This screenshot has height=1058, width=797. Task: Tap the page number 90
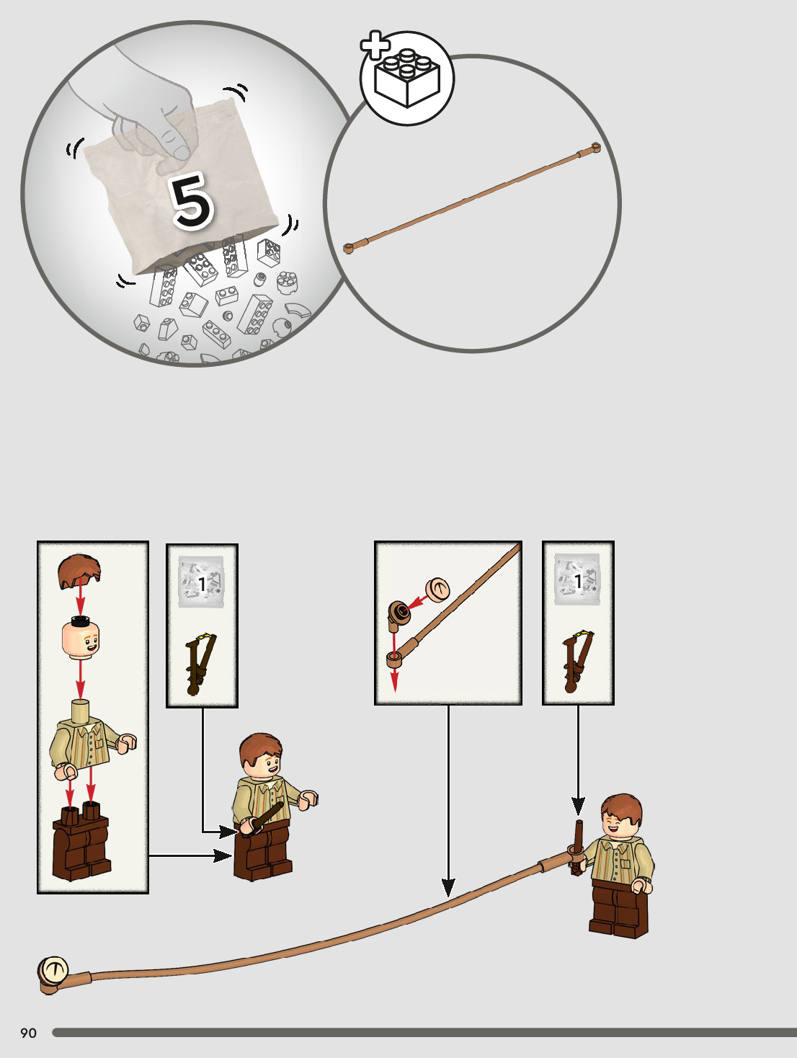(x=28, y=1033)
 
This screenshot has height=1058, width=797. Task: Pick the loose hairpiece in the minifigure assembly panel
(x=79, y=572)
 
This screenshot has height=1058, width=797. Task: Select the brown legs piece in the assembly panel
(x=81, y=840)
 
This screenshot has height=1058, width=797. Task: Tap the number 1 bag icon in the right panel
(x=577, y=579)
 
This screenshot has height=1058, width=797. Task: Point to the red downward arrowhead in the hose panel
(x=395, y=682)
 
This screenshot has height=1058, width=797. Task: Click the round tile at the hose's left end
(x=53, y=971)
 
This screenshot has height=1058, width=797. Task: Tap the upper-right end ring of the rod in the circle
(x=596, y=148)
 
